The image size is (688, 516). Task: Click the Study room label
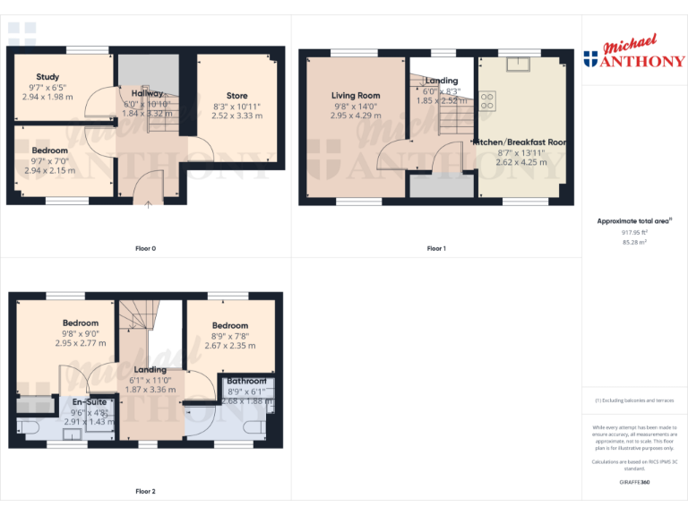point(48,77)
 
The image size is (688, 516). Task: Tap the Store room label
point(236,96)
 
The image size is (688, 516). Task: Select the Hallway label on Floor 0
point(147,93)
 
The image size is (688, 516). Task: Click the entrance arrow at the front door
point(148,204)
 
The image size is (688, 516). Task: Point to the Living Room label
point(356,96)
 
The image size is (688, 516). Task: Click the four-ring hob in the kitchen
point(487,101)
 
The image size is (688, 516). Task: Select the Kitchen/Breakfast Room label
point(520,142)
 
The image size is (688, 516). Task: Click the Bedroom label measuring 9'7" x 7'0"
point(50,150)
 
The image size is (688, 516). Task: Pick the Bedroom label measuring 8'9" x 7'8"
point(230,325)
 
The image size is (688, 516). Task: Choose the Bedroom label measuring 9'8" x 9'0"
point(81,323)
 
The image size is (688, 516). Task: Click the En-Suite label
point(90,402)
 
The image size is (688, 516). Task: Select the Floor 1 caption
point(436,248)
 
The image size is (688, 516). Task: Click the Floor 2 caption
point(145,491)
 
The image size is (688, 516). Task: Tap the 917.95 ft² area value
point(634,232)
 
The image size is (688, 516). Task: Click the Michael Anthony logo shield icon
point(590,60)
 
